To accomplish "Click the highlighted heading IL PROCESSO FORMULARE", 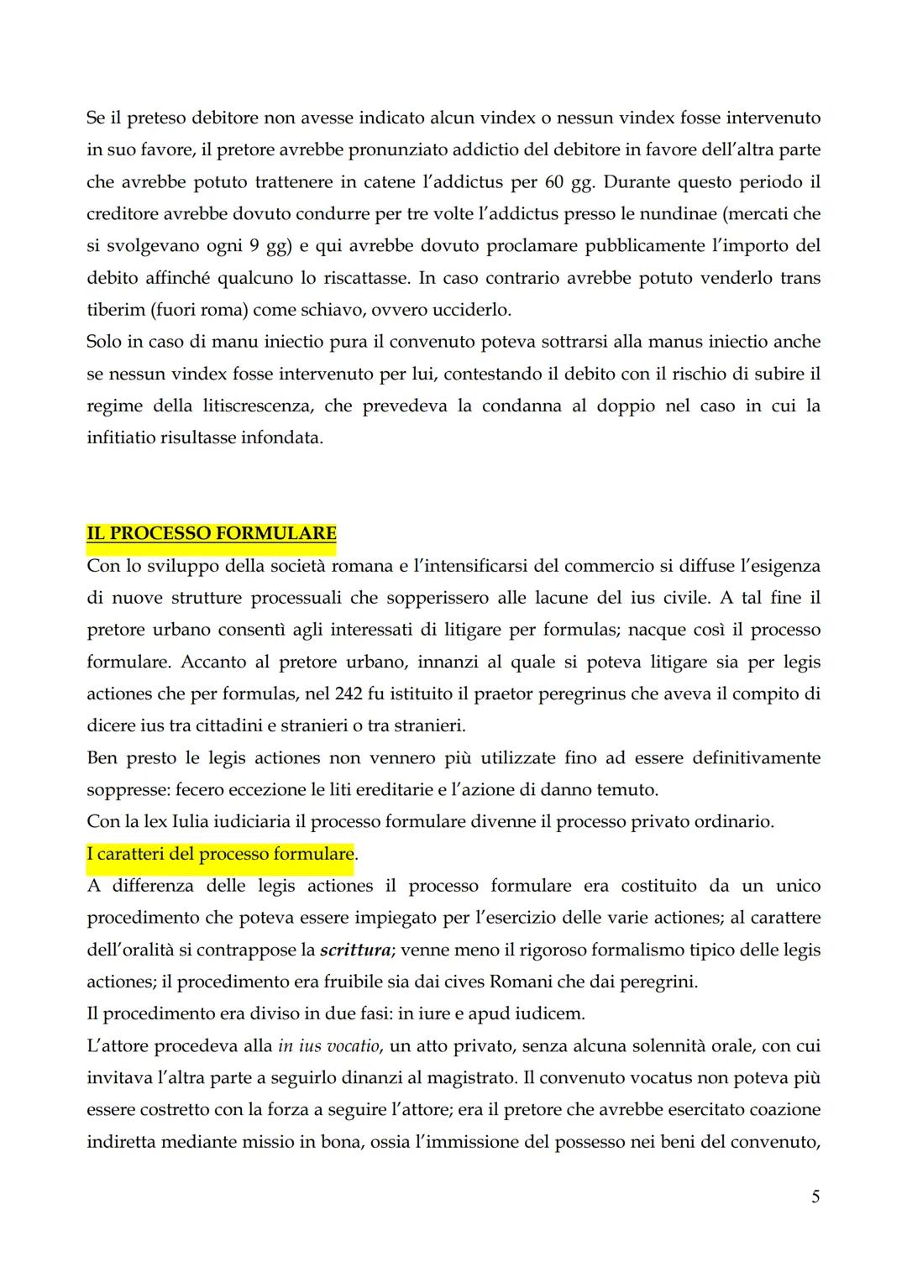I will tap(211, 534).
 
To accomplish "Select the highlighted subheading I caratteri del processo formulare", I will tap(220, 854).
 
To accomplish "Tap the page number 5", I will tap(815, 1197).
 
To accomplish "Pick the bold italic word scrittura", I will tap(355, 950).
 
